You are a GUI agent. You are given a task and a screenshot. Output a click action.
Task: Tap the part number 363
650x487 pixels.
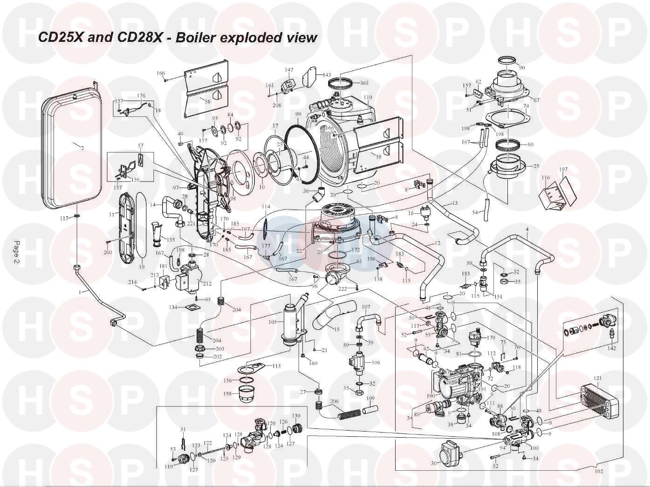point(364,83)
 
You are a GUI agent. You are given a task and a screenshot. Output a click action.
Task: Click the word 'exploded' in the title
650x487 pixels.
point(248,37)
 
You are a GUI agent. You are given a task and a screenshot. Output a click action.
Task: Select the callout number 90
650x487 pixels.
point(521,68)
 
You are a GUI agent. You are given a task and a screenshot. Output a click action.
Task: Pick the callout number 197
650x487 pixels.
point(564,169)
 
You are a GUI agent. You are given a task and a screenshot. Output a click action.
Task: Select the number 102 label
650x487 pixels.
point(599,471)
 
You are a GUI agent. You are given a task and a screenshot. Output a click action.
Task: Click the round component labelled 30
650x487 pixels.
point(448,452)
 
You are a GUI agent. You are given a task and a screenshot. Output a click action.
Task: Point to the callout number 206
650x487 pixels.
point(334,401)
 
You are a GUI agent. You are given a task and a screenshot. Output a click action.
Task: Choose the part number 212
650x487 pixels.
point(207,284)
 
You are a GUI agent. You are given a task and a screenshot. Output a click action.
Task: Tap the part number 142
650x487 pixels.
point(612,347)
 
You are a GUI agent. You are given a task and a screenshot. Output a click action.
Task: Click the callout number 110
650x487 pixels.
point(368,97)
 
